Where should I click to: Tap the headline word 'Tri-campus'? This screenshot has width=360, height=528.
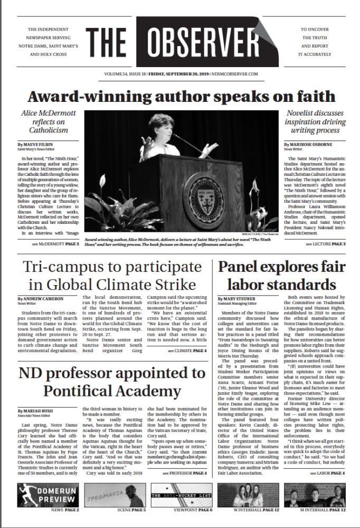(64, 267)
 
